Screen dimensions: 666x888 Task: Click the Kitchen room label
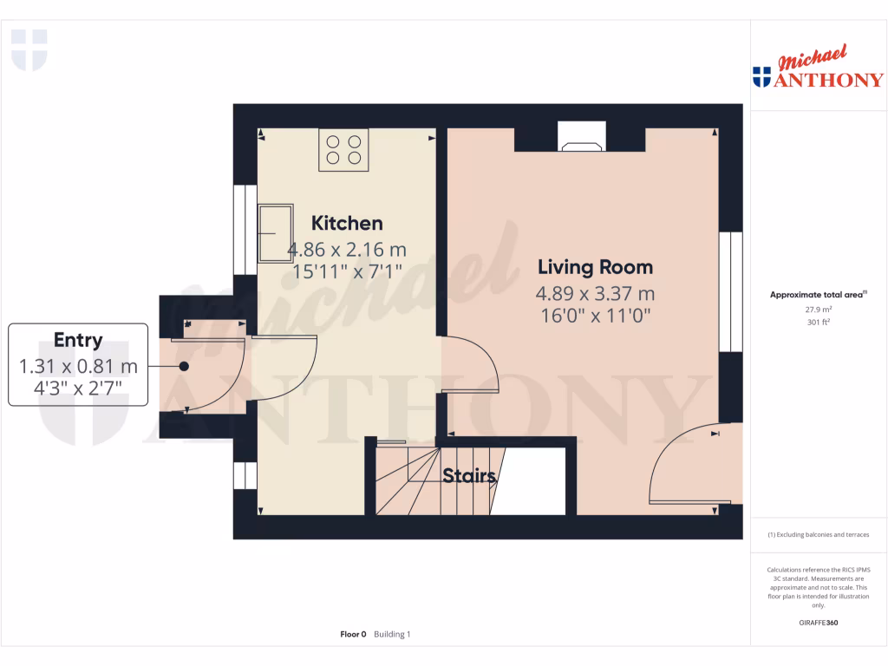coord(347,224)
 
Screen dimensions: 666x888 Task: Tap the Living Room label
coord(595,267)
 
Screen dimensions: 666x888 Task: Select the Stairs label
coord(468,476)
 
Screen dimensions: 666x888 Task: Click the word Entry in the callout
coord(78,341)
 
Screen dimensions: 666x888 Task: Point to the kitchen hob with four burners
coord(343,147)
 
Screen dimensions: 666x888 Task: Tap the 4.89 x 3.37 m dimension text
coord(595,293)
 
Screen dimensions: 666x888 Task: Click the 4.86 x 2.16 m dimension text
coord(347,250)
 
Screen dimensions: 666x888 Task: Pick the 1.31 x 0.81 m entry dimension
coord(78,367)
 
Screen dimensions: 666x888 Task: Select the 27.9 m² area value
coord(819,309)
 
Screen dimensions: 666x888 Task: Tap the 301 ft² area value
coord(819,322)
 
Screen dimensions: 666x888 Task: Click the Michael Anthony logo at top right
coord(819,69)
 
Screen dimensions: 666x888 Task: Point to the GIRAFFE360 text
coord(819,623)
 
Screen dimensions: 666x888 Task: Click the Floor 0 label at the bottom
coord(354,635)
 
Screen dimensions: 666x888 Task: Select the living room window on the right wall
coord(730,291)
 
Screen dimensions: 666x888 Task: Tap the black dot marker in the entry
coord(184,366)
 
